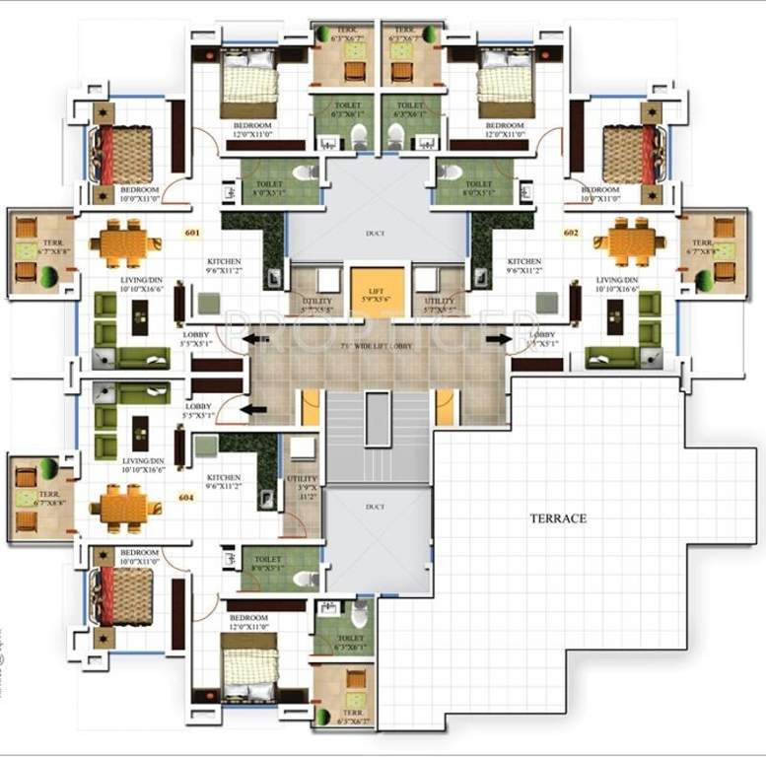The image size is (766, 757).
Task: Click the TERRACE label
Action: pyautogui.click(x=557, y=518)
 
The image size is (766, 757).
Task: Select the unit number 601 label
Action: pyautogui.click(x=192, y=234)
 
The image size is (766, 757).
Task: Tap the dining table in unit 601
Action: pyautogui.click(x=126, y=242)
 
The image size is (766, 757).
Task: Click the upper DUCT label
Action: pyautogui.click(x=375, y=234)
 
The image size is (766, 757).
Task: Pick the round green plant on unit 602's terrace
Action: pyautogui.click(x=704, y=281)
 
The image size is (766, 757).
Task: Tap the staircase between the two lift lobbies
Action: pyautogui.click(x=379, y=434)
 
